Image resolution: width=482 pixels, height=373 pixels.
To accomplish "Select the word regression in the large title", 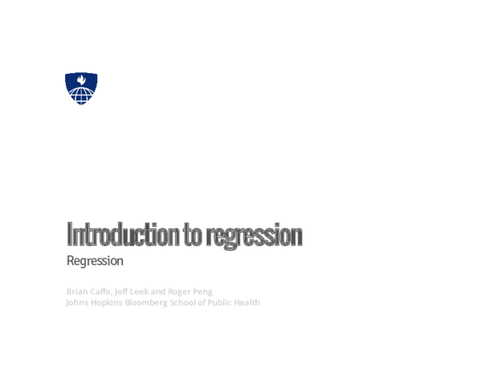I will click(x=255, y=236).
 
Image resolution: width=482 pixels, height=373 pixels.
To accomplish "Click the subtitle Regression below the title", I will click(x=95, y=261).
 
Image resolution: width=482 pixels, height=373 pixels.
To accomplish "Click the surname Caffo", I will click(x=105, y=290).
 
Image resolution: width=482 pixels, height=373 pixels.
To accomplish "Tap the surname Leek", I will click(x=153, y=290).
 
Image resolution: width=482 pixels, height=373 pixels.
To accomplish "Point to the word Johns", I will click(x=79, y=303).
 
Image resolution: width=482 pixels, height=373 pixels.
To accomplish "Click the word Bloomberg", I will click(x=157, y=303).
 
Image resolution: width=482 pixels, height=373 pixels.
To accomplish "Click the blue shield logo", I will click(x=81, y=88).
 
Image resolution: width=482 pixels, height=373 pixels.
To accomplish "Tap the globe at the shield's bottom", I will click(x=81, y=96).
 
